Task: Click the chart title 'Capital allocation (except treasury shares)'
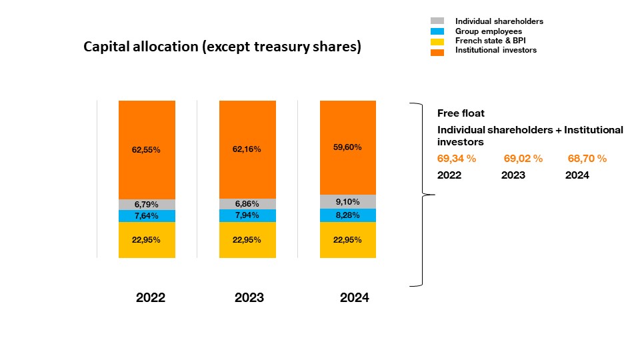pos(222,47)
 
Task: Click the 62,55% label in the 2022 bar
pos(147,150)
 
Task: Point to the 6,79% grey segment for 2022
pos(147,205)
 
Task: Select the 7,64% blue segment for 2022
pos(147,216)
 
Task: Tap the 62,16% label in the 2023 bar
pos(247,149)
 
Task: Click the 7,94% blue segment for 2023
pos(247,216)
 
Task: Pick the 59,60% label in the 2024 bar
pos(347,147)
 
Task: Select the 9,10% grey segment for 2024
pos(347,201)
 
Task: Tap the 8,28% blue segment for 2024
pos(347,215)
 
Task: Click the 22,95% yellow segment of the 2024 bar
pos(347,240)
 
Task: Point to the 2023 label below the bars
pos(249,298)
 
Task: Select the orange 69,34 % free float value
pos(456,159)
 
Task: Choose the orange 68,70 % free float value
pos(587,159)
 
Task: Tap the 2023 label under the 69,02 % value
pos(513,175)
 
